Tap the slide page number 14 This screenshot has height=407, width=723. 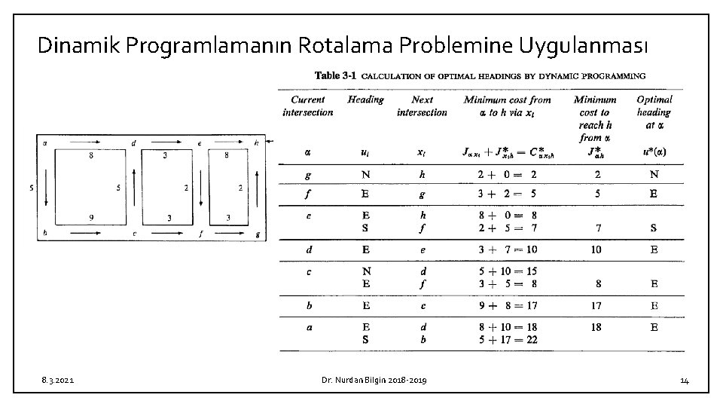point(684,381)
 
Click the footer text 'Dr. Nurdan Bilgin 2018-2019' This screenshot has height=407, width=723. point(371,381)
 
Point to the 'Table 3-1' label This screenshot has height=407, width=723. point(336,75)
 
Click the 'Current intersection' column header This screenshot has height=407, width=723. point(307,106)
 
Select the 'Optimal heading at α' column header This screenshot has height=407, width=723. point(654,112)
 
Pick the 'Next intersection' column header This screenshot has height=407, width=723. point(422,106)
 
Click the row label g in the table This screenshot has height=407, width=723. point(307,175)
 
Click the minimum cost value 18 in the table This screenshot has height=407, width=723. point(596,327)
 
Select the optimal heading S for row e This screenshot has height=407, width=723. point(654,227)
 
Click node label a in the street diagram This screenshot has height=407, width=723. point(45,142)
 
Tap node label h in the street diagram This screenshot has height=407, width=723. point(256,142)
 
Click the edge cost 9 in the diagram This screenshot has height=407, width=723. point(91,218)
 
